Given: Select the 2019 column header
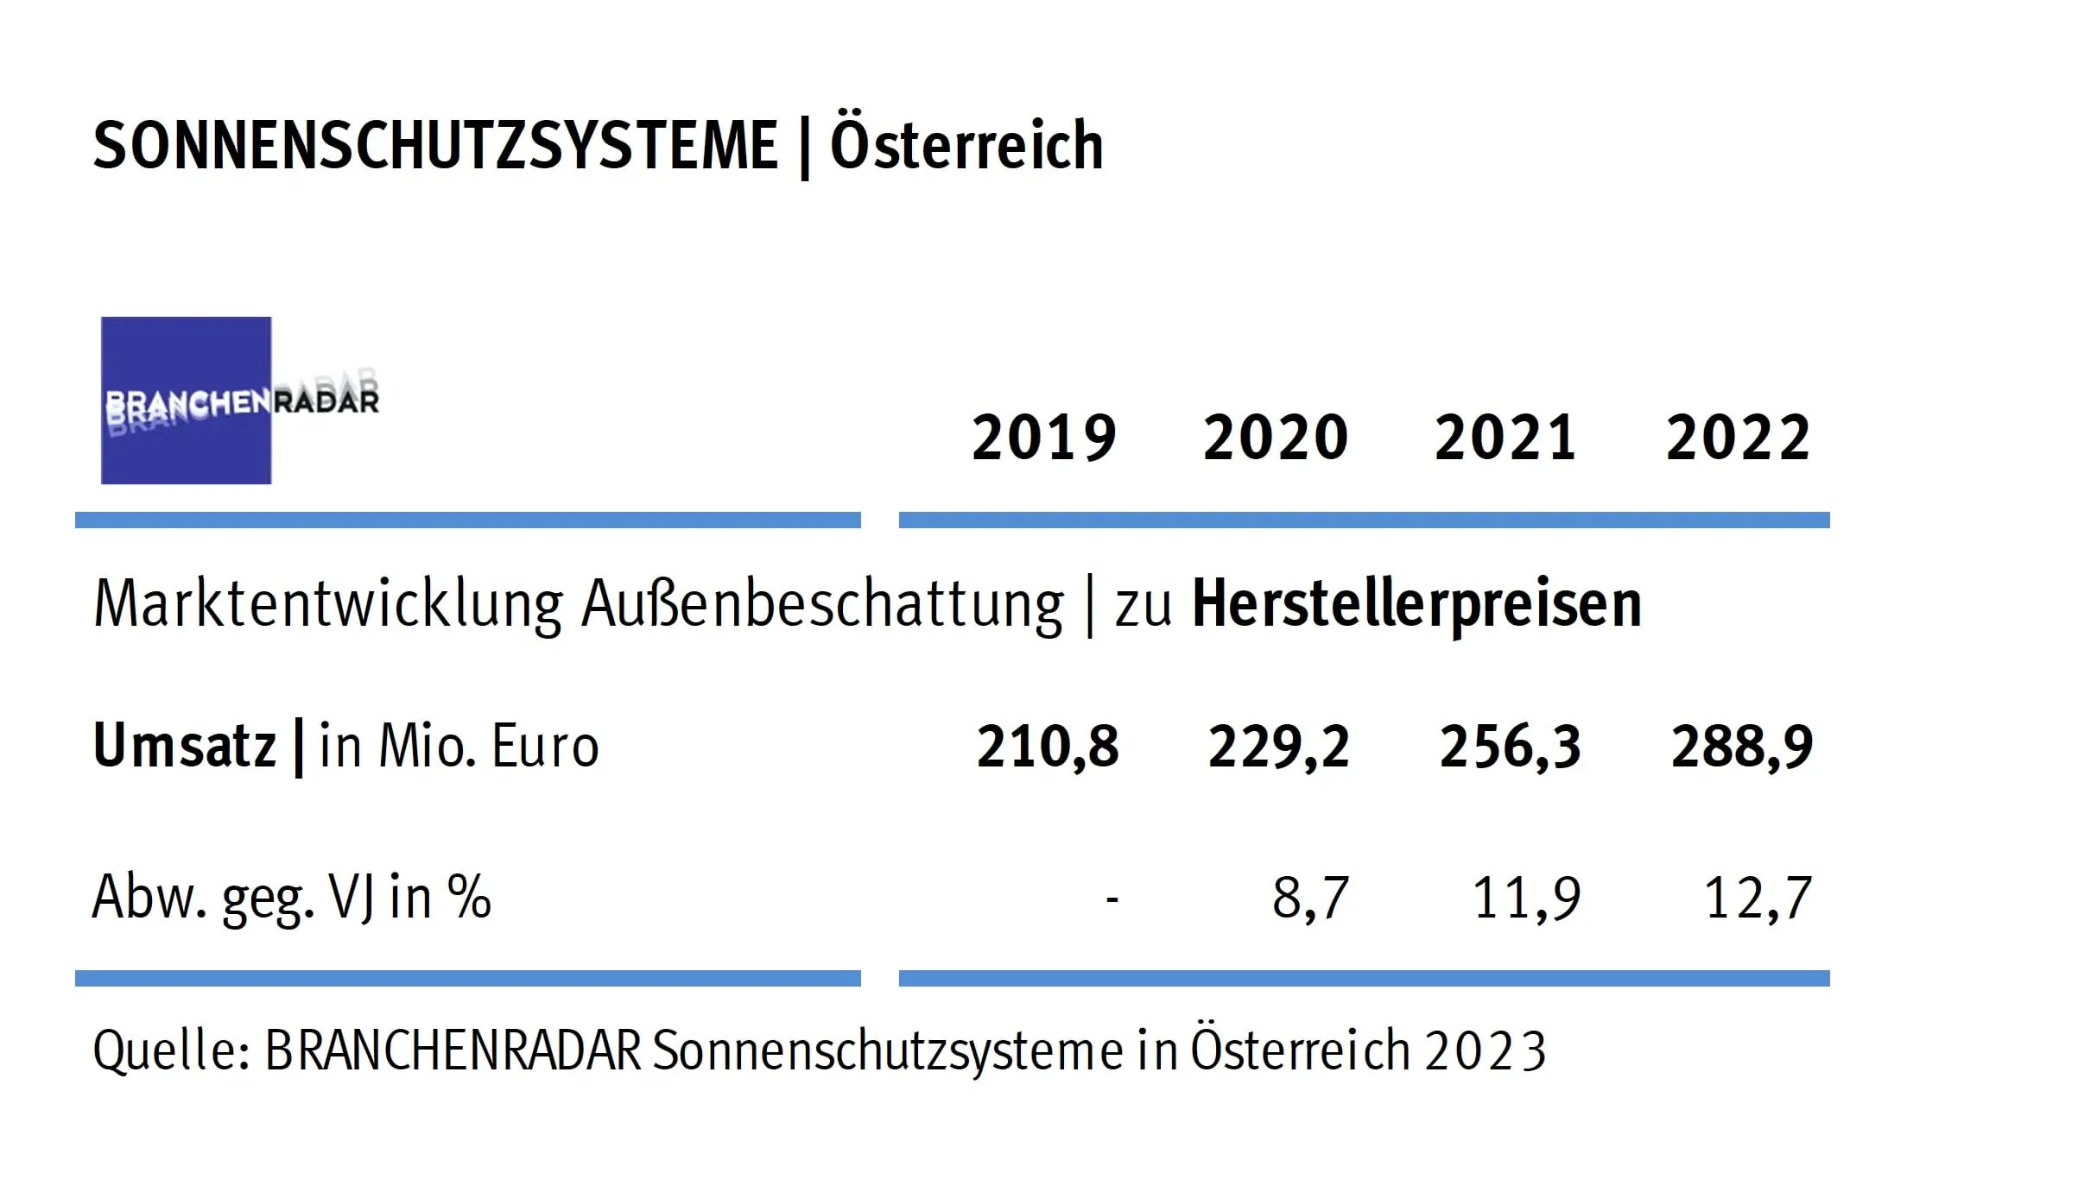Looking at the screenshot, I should [1043, 438].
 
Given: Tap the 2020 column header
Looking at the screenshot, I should [1275, 438].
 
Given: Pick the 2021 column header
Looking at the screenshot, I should [1505, 438].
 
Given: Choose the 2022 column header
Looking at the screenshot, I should [1738, 438].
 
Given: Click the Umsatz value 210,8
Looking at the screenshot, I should [1047, 747].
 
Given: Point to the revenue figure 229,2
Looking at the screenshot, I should [1278, 747].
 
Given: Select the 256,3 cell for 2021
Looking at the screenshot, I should [1510, 747].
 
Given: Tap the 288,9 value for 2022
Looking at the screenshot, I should [1741, 747].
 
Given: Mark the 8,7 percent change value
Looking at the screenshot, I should [1310, 898].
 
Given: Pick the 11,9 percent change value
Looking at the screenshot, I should [1526, 898].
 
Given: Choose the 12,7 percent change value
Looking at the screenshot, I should [1758, 898].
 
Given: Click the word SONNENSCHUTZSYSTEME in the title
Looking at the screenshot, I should [435, 145].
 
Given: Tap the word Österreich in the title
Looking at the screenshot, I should [966, 145].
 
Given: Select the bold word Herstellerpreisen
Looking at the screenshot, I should [1416, 603].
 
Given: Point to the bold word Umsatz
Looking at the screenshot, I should [184, 745].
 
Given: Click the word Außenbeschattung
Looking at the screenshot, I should [822, 603].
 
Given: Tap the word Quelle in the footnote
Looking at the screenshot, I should [171, 1051].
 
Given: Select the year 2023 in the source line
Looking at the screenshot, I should [1485, 1051].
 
